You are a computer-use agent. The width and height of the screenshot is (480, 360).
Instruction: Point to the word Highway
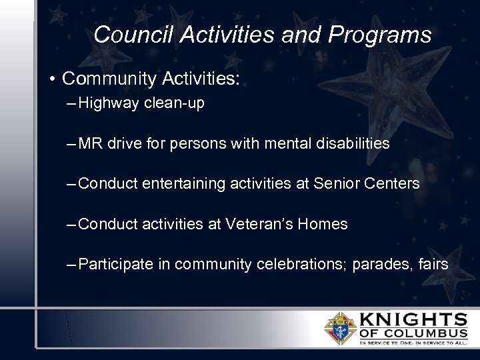tap(107, 104)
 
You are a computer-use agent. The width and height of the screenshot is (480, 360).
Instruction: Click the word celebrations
tap(295, 265)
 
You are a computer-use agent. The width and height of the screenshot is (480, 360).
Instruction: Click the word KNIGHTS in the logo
tap(413, 319)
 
